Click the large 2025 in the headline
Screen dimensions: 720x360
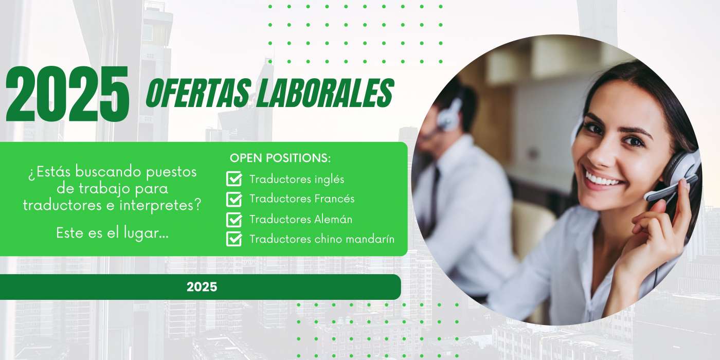(67, 94)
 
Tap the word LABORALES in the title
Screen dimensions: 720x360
(325, 93)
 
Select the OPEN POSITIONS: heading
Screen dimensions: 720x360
(280, 158)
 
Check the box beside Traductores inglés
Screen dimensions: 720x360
(234, 179)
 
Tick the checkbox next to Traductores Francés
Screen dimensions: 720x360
(234, 199)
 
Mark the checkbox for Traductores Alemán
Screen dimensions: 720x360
(234, 219)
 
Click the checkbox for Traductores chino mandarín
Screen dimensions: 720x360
(234, 239)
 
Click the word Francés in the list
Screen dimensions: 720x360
(334, 199)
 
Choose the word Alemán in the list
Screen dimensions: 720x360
(333, 219)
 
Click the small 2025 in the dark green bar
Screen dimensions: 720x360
(202, 287)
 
